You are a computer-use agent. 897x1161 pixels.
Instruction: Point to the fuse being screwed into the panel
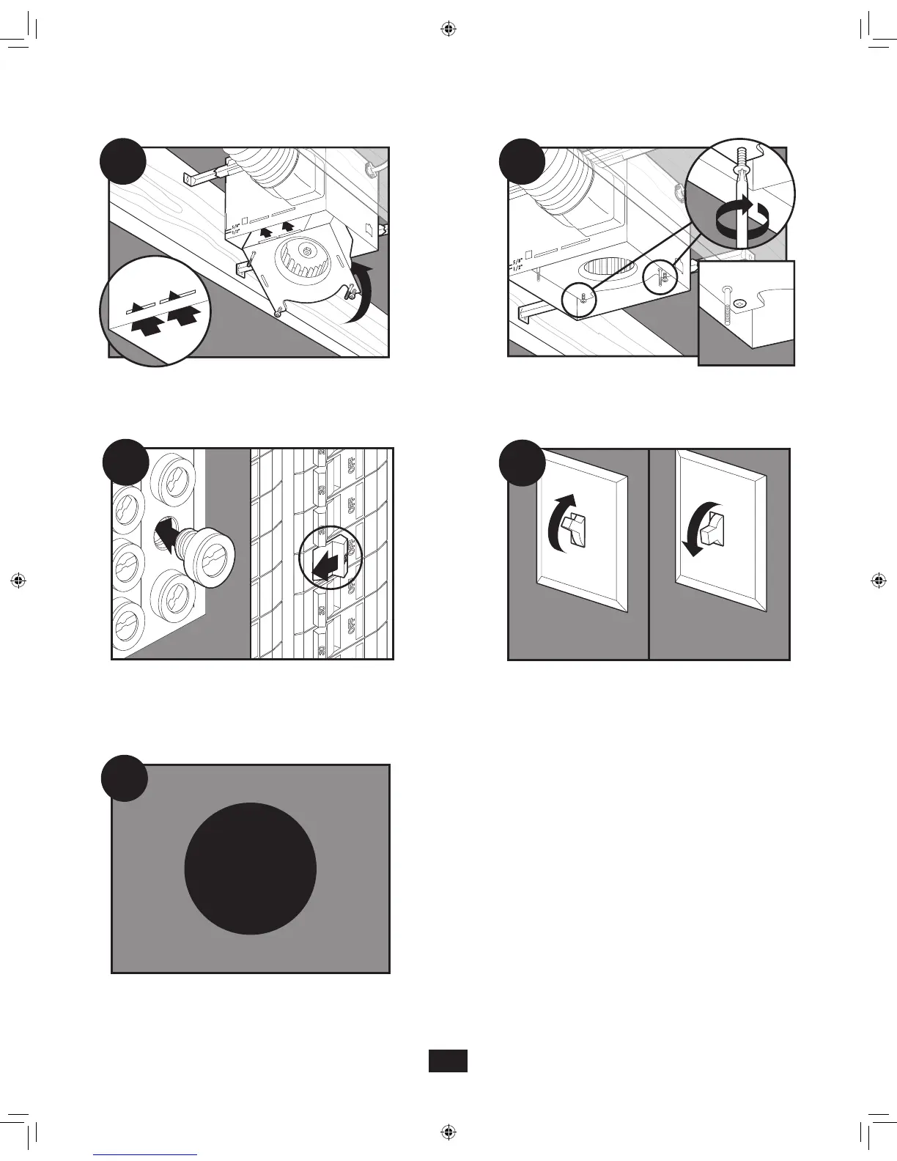pyautogui.click(x=208, y=558)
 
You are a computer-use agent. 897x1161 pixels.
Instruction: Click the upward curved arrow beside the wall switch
pyautogui.click(x=559, y=520)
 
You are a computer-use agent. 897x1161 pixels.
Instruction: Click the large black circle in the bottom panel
pyautogui.click(x=250, y=869)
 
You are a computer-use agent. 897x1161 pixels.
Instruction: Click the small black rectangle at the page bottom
pyautogui.click(x=448, y=1061)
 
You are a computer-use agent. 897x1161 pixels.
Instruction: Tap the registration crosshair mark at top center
pyautogui.click(x=449, y=29)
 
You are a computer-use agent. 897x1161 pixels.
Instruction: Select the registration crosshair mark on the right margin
pyautogui.click(x=879, y=580)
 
